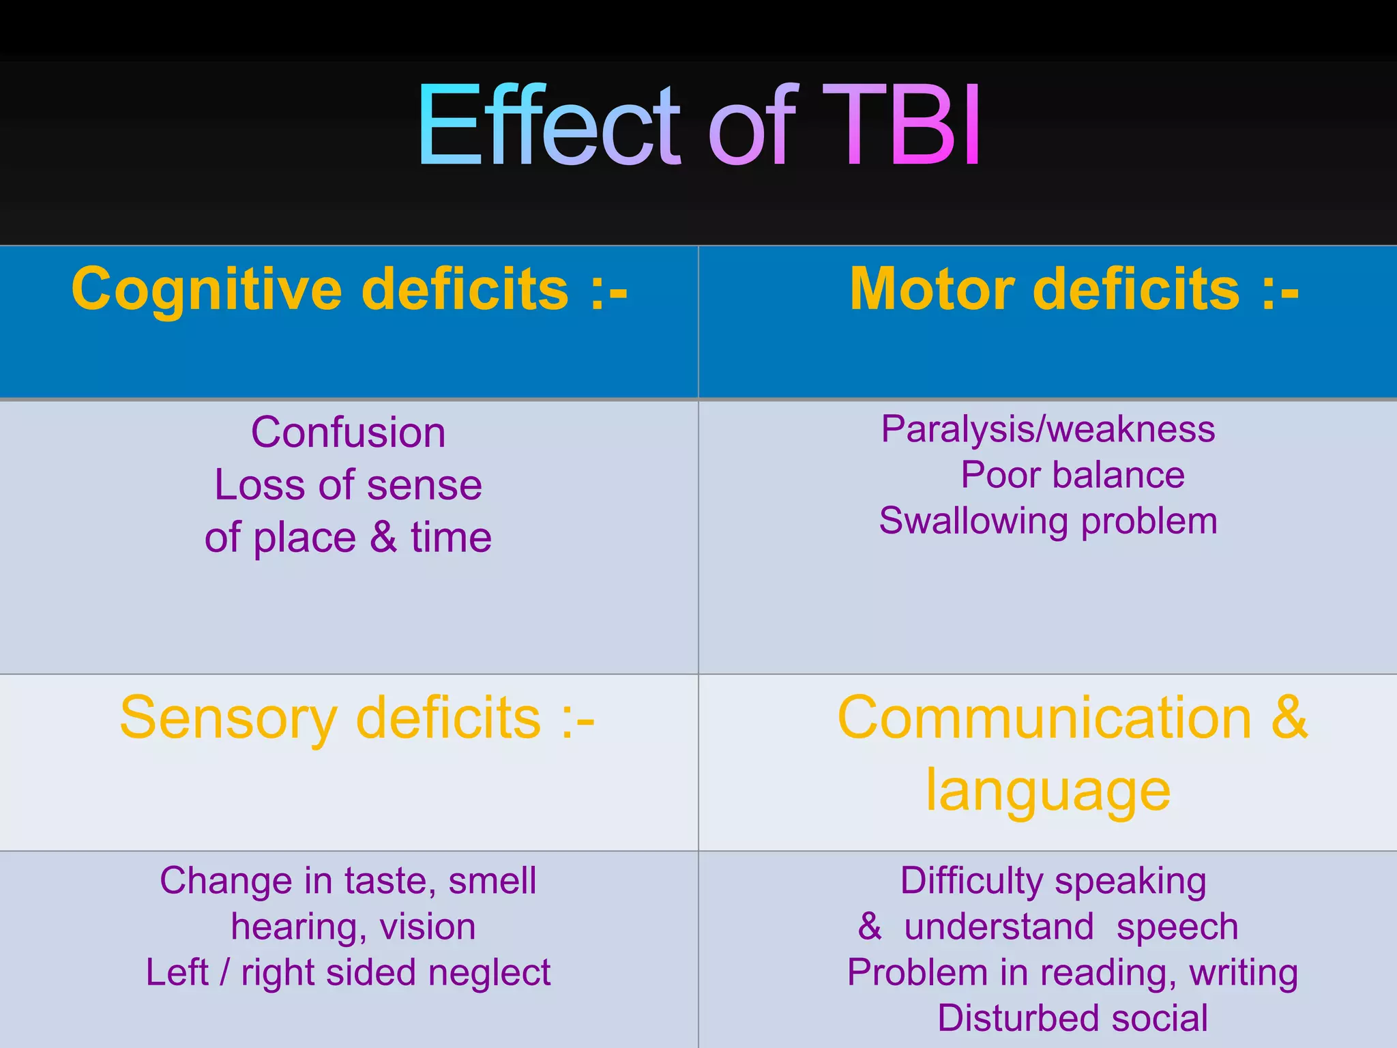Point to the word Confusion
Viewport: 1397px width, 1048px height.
tap(348, 433)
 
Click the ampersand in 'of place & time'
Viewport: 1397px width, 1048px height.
tap(383, 538)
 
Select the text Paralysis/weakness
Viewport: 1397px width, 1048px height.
tap(1048, 430)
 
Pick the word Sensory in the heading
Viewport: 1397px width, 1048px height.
tap(228, 718)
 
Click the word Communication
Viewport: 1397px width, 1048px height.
tap(1044, 718)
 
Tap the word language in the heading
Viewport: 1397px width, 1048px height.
tap(1048, 791)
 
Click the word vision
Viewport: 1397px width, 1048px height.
tap(428, 927)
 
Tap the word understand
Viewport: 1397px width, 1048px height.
tap(999, 927)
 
